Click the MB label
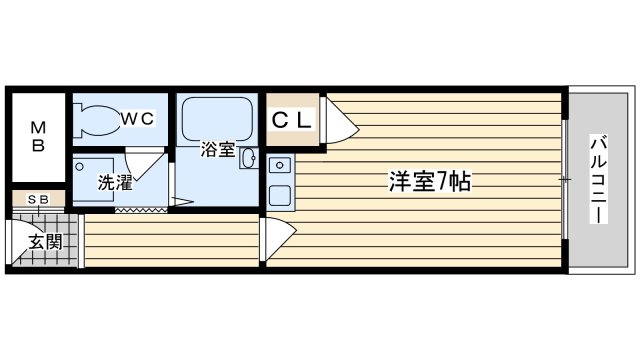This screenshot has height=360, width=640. point(38,137)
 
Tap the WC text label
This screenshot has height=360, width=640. point(138,118)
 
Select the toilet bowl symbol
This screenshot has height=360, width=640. point(98,121)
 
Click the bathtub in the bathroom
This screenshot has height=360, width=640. point(217,119)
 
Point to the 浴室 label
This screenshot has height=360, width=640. point(218,149)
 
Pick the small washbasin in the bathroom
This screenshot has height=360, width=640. point(248,158)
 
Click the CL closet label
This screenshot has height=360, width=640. point(291,120)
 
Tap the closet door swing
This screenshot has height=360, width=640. point(341,120)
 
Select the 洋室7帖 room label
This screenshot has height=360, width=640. point(429,181)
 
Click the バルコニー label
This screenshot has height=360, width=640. point(598,180)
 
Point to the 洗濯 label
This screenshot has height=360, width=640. point(115,182)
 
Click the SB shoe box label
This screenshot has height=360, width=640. point(38,200)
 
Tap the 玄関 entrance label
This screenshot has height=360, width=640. point(45,242)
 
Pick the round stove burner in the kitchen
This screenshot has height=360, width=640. point(280,165)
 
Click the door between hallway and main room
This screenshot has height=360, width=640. point(280,238)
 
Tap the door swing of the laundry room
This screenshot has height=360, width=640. point(144,164)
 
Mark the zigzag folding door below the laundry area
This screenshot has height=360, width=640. point(141,210)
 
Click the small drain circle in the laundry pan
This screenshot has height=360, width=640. point(80,167)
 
